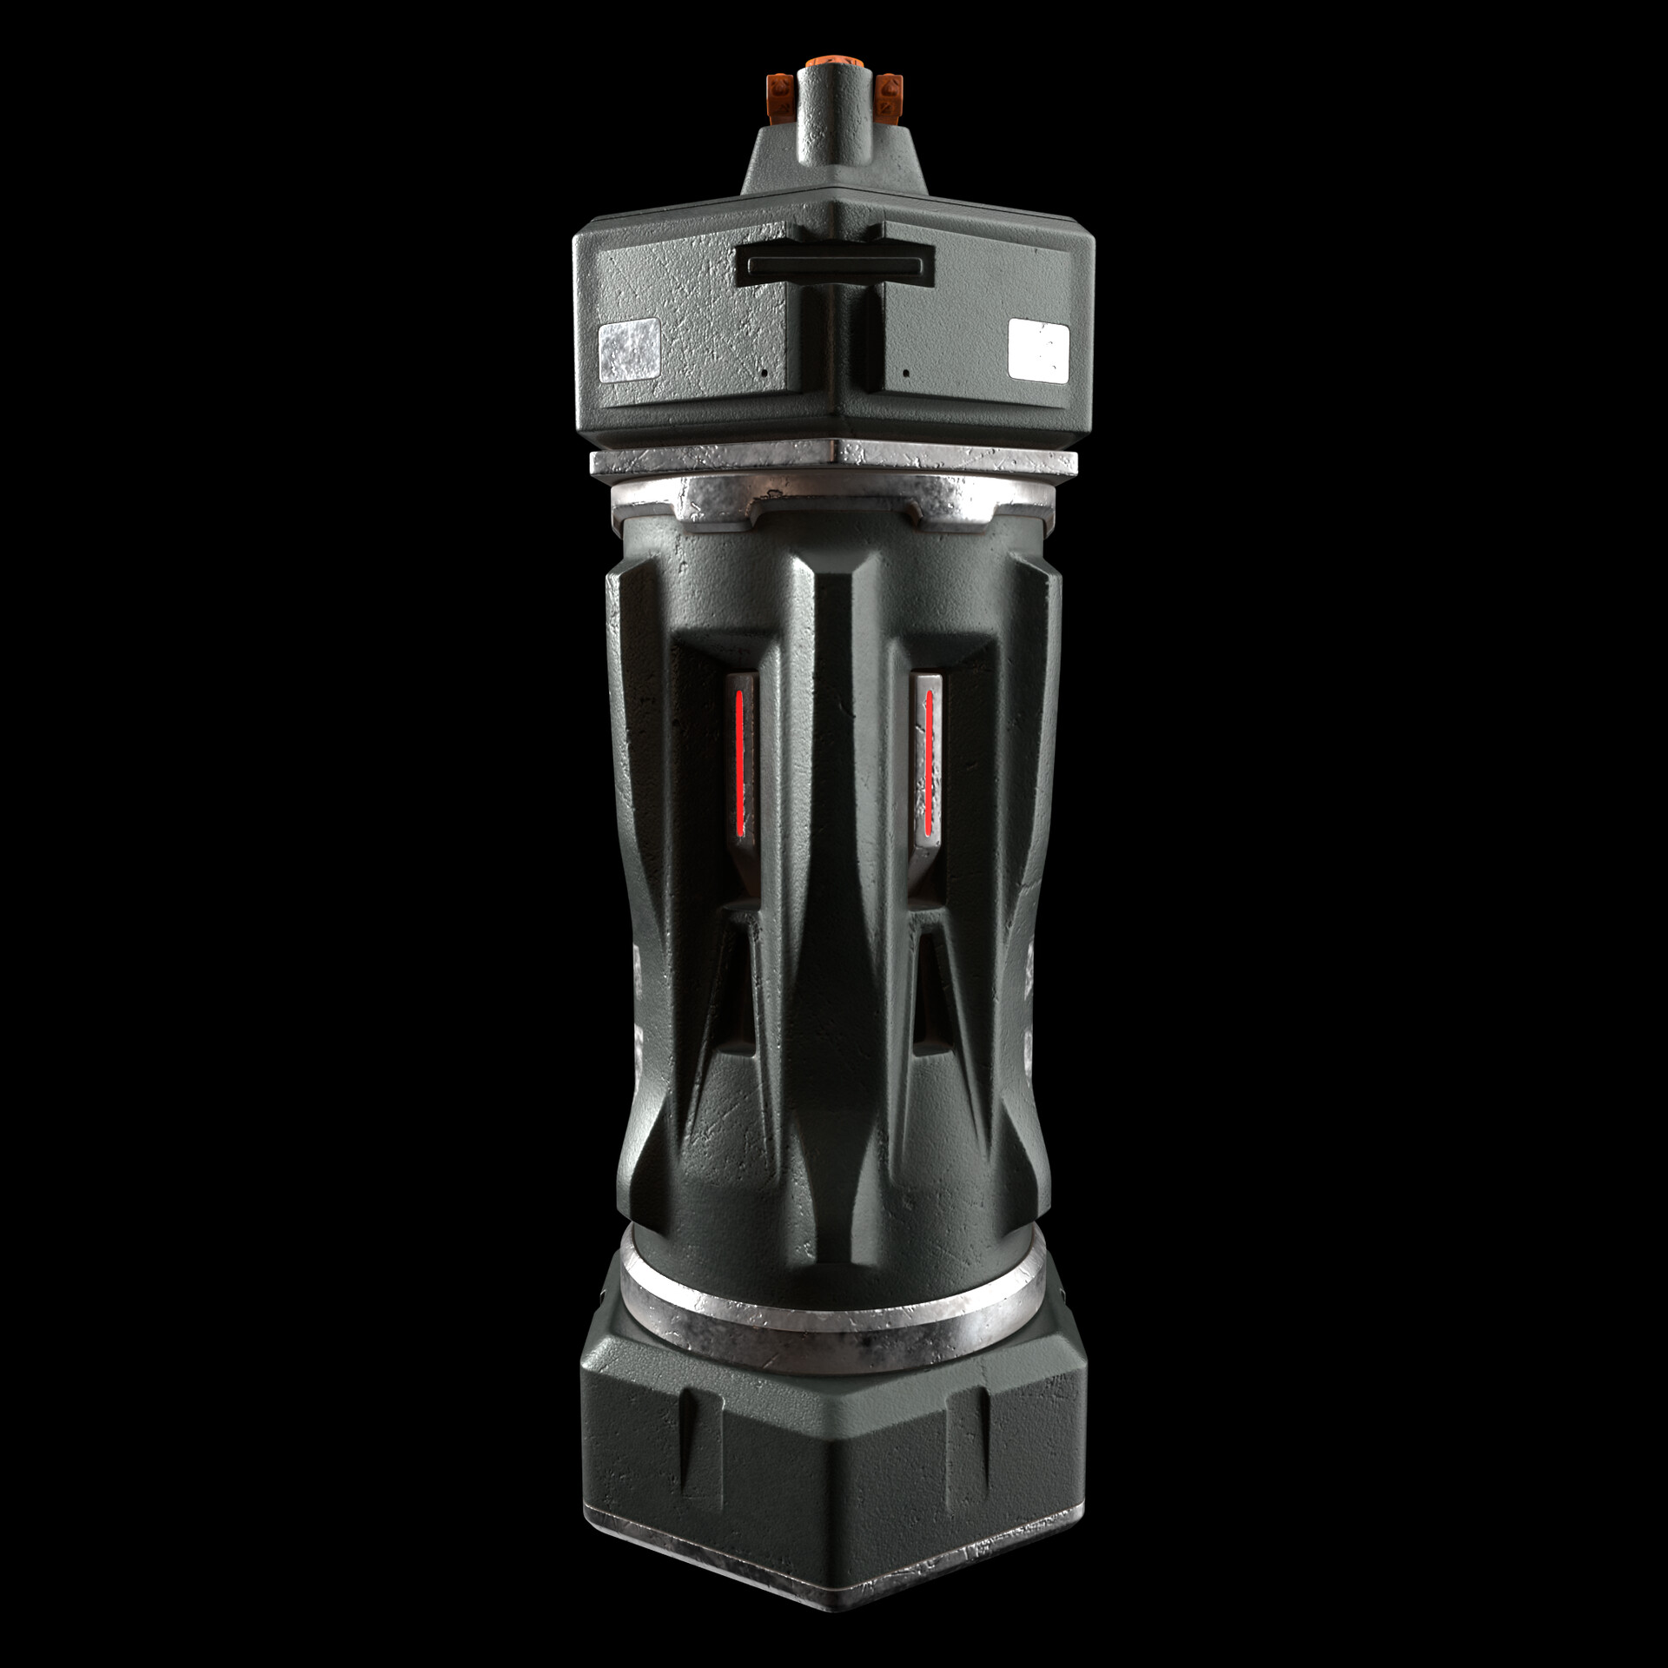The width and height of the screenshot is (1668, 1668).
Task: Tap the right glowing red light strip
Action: click(928, 762)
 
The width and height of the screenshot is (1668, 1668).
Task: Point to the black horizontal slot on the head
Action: click(834, 264)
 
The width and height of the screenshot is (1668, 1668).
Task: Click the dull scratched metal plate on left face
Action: click(630, 351)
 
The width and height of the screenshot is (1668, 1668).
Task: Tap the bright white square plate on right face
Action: click(1039, 349)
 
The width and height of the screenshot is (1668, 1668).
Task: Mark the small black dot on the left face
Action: click(763, 372)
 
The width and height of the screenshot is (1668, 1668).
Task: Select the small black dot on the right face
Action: click(906, 373)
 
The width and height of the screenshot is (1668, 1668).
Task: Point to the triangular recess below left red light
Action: click(734, 999)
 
